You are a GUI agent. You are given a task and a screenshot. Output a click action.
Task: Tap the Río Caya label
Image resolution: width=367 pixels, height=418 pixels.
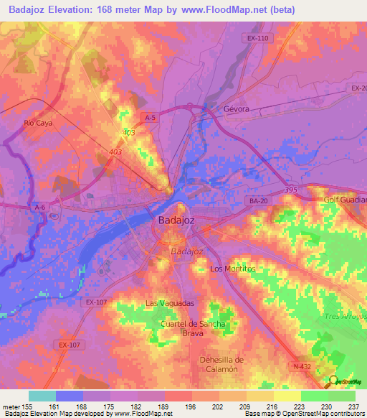pos(39,123)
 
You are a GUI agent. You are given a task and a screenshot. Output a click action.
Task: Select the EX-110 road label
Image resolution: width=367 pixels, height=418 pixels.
pos(255,37)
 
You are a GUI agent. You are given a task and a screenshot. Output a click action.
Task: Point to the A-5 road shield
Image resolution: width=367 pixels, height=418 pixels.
pos(150,117)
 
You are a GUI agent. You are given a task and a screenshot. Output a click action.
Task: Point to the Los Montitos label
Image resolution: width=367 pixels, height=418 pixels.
pos(232,269)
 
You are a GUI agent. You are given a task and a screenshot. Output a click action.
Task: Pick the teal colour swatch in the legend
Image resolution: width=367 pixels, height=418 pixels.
pos(42,396)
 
